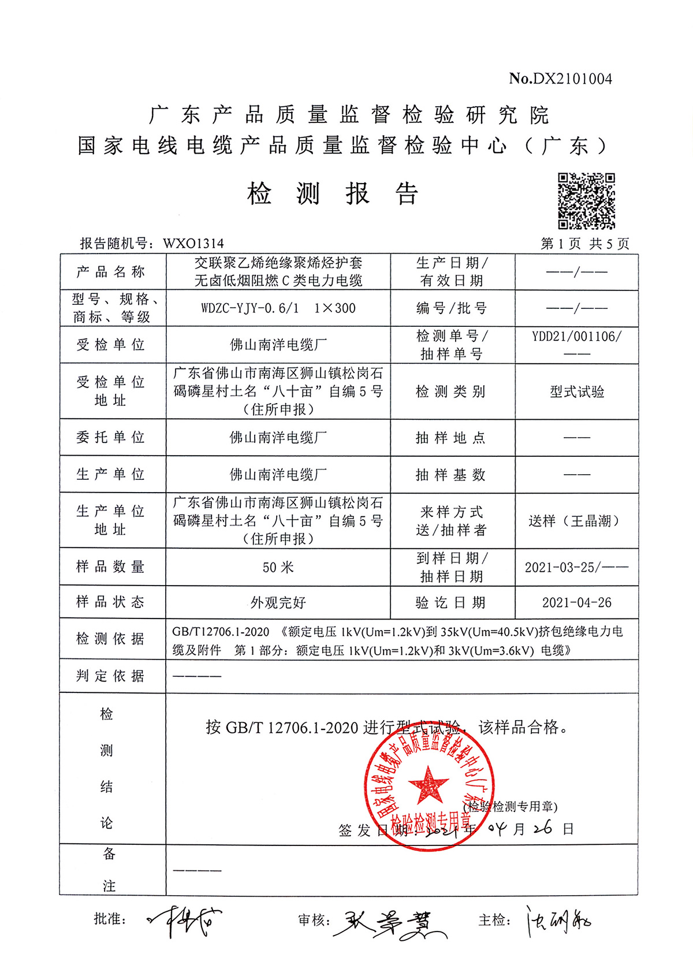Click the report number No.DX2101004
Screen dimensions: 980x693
[560, 79]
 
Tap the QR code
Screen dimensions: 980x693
[586, 201]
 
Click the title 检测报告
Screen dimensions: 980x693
[333, 193]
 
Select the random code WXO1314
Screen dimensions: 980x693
[193, 244]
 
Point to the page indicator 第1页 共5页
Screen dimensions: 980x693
[584, 244]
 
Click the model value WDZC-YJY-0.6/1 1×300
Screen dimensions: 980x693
[278, 308]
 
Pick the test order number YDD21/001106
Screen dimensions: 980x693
[576, 337]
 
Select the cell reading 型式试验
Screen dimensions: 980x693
[576, 392]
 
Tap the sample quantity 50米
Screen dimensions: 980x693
[278, 568]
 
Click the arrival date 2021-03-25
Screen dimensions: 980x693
[560, 568]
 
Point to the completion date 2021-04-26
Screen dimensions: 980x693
[576, 603]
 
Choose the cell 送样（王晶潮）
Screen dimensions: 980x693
[576, 521]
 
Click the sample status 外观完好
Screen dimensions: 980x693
[278, 603]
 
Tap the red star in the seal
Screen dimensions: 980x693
[428, 784]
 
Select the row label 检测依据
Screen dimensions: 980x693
[110, 639]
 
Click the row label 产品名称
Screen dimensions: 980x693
[110, 272]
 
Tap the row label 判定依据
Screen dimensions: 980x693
[110, 676]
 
